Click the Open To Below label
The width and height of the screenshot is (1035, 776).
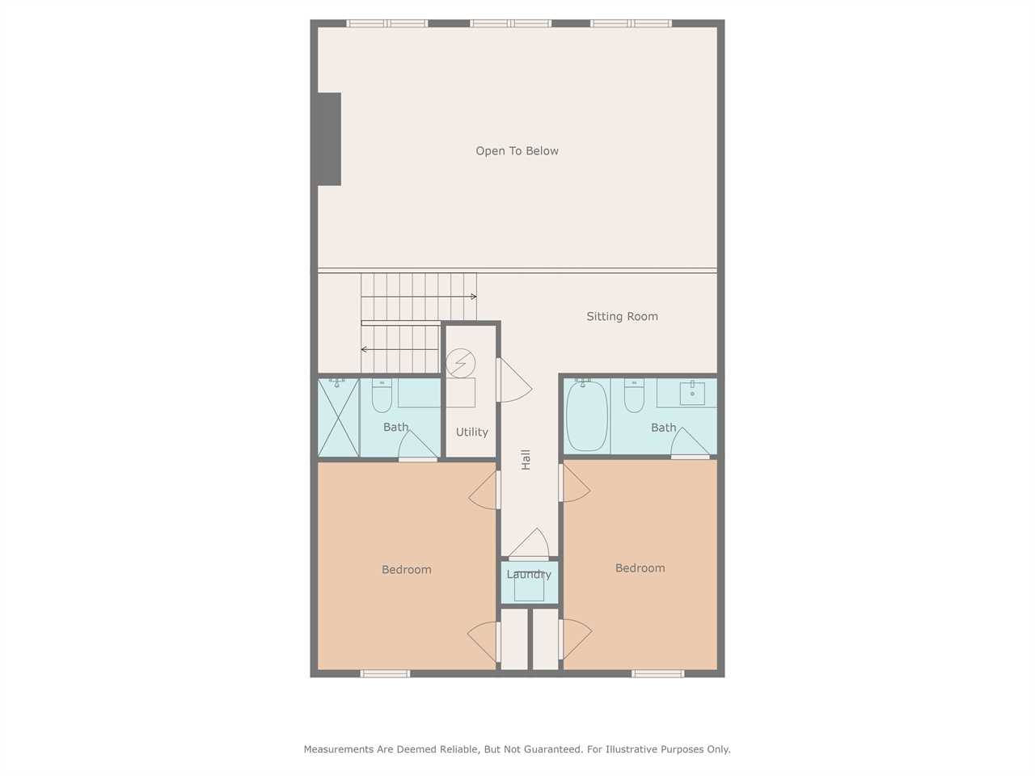pyautogui.click(x=517, y=151)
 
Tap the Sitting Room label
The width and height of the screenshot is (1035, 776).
pyautogui.click(x=622, y=317)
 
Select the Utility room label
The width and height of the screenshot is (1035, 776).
pyautogui.click(x=471, y=432)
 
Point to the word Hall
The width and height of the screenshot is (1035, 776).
pyautogui.click(x=526, y=459)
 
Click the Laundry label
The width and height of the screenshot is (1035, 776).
pyautogui.click(x=529, y=575)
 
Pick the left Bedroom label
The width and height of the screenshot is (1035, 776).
pyautogui.click(x=406, y=570)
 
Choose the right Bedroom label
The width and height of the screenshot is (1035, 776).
pyautogui.click(x=640, y=568)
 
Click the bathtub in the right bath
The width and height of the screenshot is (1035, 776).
pyautogui.click(x=587, y=416)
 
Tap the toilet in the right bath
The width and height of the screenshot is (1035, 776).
pyautogui.click(x=634, y=395)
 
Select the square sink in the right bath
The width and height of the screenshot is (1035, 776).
pyautogui.click(x=692, y=394)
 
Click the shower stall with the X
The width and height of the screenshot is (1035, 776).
pyautogui.click(x=338, y=417)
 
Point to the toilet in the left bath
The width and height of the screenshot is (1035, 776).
pyautogui.click(x=382, y=395)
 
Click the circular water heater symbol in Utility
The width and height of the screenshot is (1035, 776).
pyautogui.click(x=461, y=363)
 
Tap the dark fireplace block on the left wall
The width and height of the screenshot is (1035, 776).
pyautogui.click(x=329, y=140)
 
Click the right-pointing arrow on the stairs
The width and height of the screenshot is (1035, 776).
pyautogui.click(x=419, y=297)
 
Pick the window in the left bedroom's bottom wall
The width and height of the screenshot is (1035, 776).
pyautogui.click(x=385, y=674)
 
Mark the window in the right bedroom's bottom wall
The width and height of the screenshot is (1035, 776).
pyautogui.click(x=657, y=674)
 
